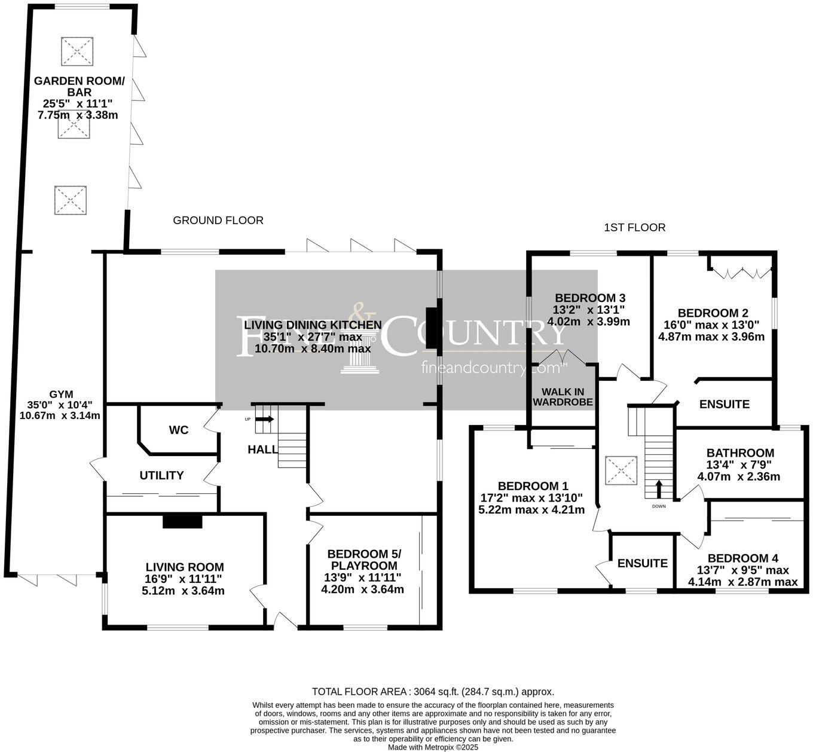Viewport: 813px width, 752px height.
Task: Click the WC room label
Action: coord(179,430)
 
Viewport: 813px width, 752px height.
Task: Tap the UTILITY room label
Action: coord(161,475)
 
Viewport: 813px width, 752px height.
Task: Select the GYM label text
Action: coord(61,395)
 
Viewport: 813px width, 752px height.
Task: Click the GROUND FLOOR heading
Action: coord(218,221)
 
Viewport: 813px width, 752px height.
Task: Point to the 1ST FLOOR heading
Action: coord(635,228)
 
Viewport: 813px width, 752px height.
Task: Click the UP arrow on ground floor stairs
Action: coord(267,419)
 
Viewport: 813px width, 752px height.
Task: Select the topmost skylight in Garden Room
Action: coord(77,51)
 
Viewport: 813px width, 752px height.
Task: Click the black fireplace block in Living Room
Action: coord(183,521)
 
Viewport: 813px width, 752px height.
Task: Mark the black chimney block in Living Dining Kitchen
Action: coord(432,331)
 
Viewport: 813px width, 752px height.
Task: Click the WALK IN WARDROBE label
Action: coord(563,397)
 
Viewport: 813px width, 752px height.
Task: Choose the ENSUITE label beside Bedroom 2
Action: coord(725,405)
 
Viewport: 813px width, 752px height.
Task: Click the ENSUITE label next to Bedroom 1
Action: coord(643,563)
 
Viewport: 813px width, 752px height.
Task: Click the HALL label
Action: coord(262,450)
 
